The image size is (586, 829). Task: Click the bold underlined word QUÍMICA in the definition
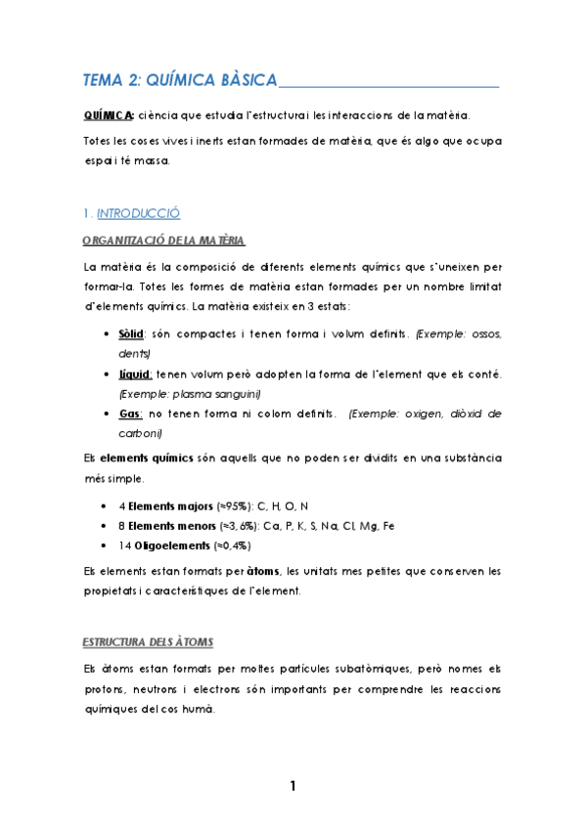tap(109, 116)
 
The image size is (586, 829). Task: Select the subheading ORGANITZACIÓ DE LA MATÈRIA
tap(163, 240)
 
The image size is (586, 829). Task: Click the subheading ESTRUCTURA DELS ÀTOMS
tap(147, 642)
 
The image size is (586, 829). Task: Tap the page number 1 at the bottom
tap(292, 786)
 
